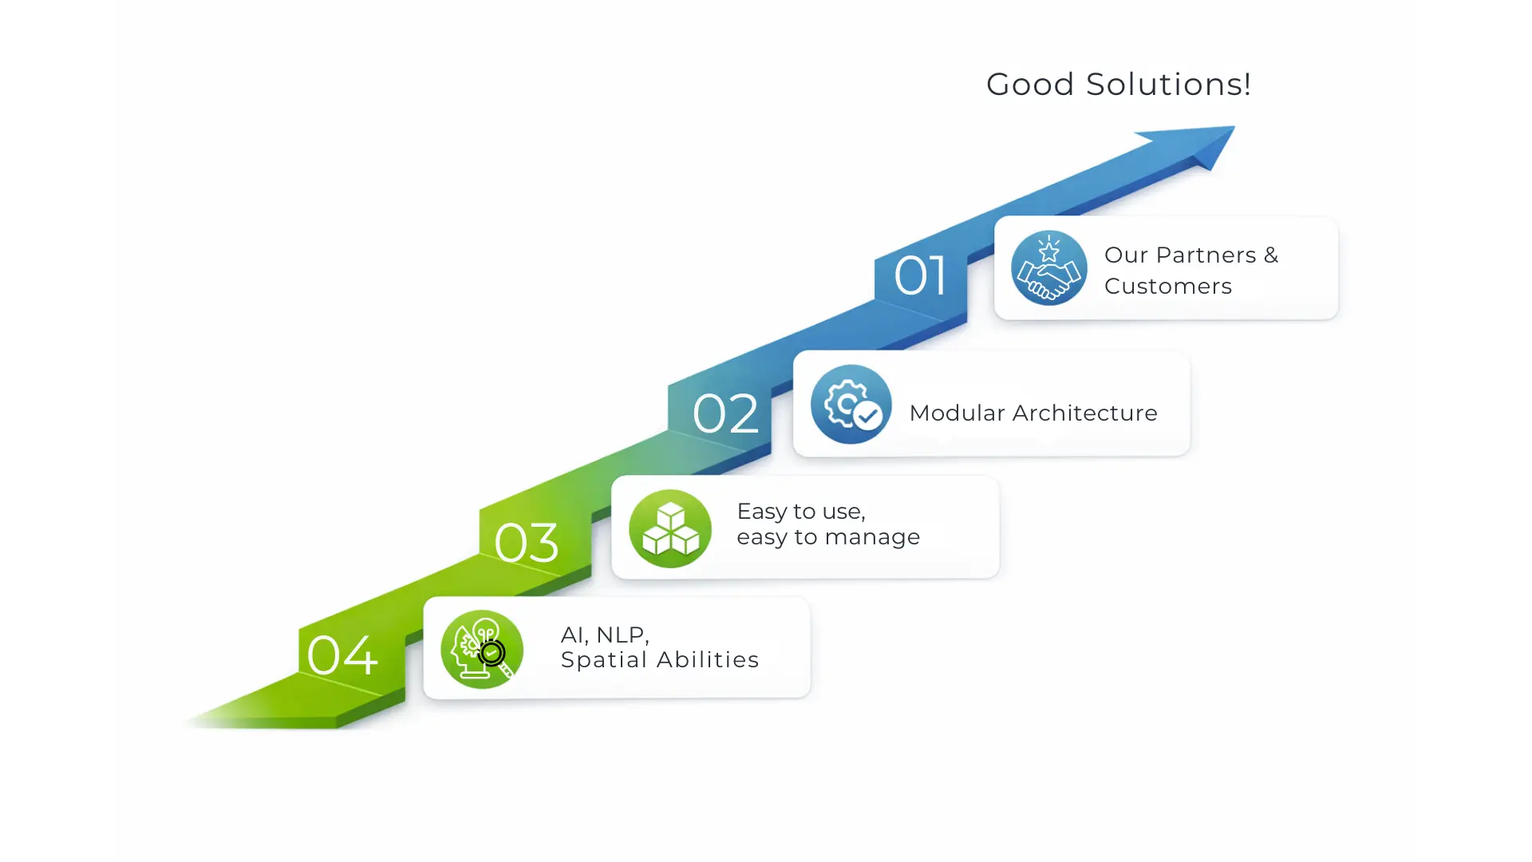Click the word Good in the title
point(1029,85)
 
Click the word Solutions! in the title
point(1168,85)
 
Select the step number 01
point(920,276)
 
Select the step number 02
point(725,414)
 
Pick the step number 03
point(526,544)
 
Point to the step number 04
point(342,656)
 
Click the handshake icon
point(1048,268)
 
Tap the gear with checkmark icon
point(851,405)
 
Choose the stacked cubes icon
point(669,528)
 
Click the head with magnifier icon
point(481,650)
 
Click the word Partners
point(1206,255)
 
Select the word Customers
point(1167,287)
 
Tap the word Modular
point(956,413)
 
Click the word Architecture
point(1084,413)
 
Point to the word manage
point(872,538)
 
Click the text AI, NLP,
point(604,635)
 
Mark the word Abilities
point(707,660)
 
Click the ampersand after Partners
point(1270,255)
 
